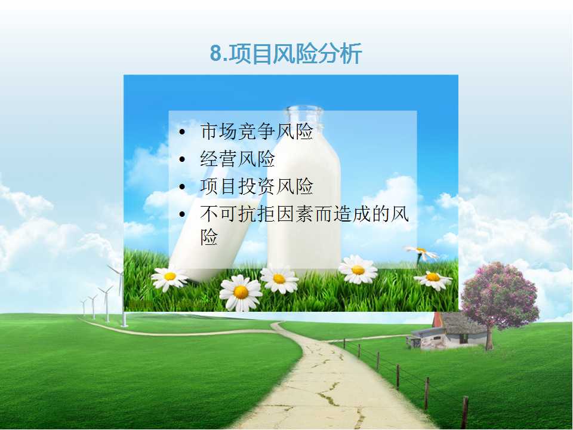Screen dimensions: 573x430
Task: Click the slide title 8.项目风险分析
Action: click(286, 53)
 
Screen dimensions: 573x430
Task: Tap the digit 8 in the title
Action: click(216, 54)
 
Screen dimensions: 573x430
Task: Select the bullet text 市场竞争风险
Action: click(257, 131)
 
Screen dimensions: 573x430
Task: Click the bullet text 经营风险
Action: click(238, 159)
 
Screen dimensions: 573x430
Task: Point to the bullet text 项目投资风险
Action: click(257, 186)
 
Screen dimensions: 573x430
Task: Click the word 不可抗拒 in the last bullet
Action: click(238, 214)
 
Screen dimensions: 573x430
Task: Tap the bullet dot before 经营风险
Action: click(183, 159)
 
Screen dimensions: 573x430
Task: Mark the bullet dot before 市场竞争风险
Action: click(183, 132)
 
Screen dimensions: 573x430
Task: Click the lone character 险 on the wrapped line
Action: click(209, 236)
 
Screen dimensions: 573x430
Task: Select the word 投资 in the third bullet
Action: click(257, 186)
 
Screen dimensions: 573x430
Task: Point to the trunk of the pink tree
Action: click(489, 338)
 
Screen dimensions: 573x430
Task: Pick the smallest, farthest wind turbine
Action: click(84, 307)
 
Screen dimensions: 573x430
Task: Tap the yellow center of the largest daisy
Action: click(241, 292)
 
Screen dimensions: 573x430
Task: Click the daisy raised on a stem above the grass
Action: click(421, 252)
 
